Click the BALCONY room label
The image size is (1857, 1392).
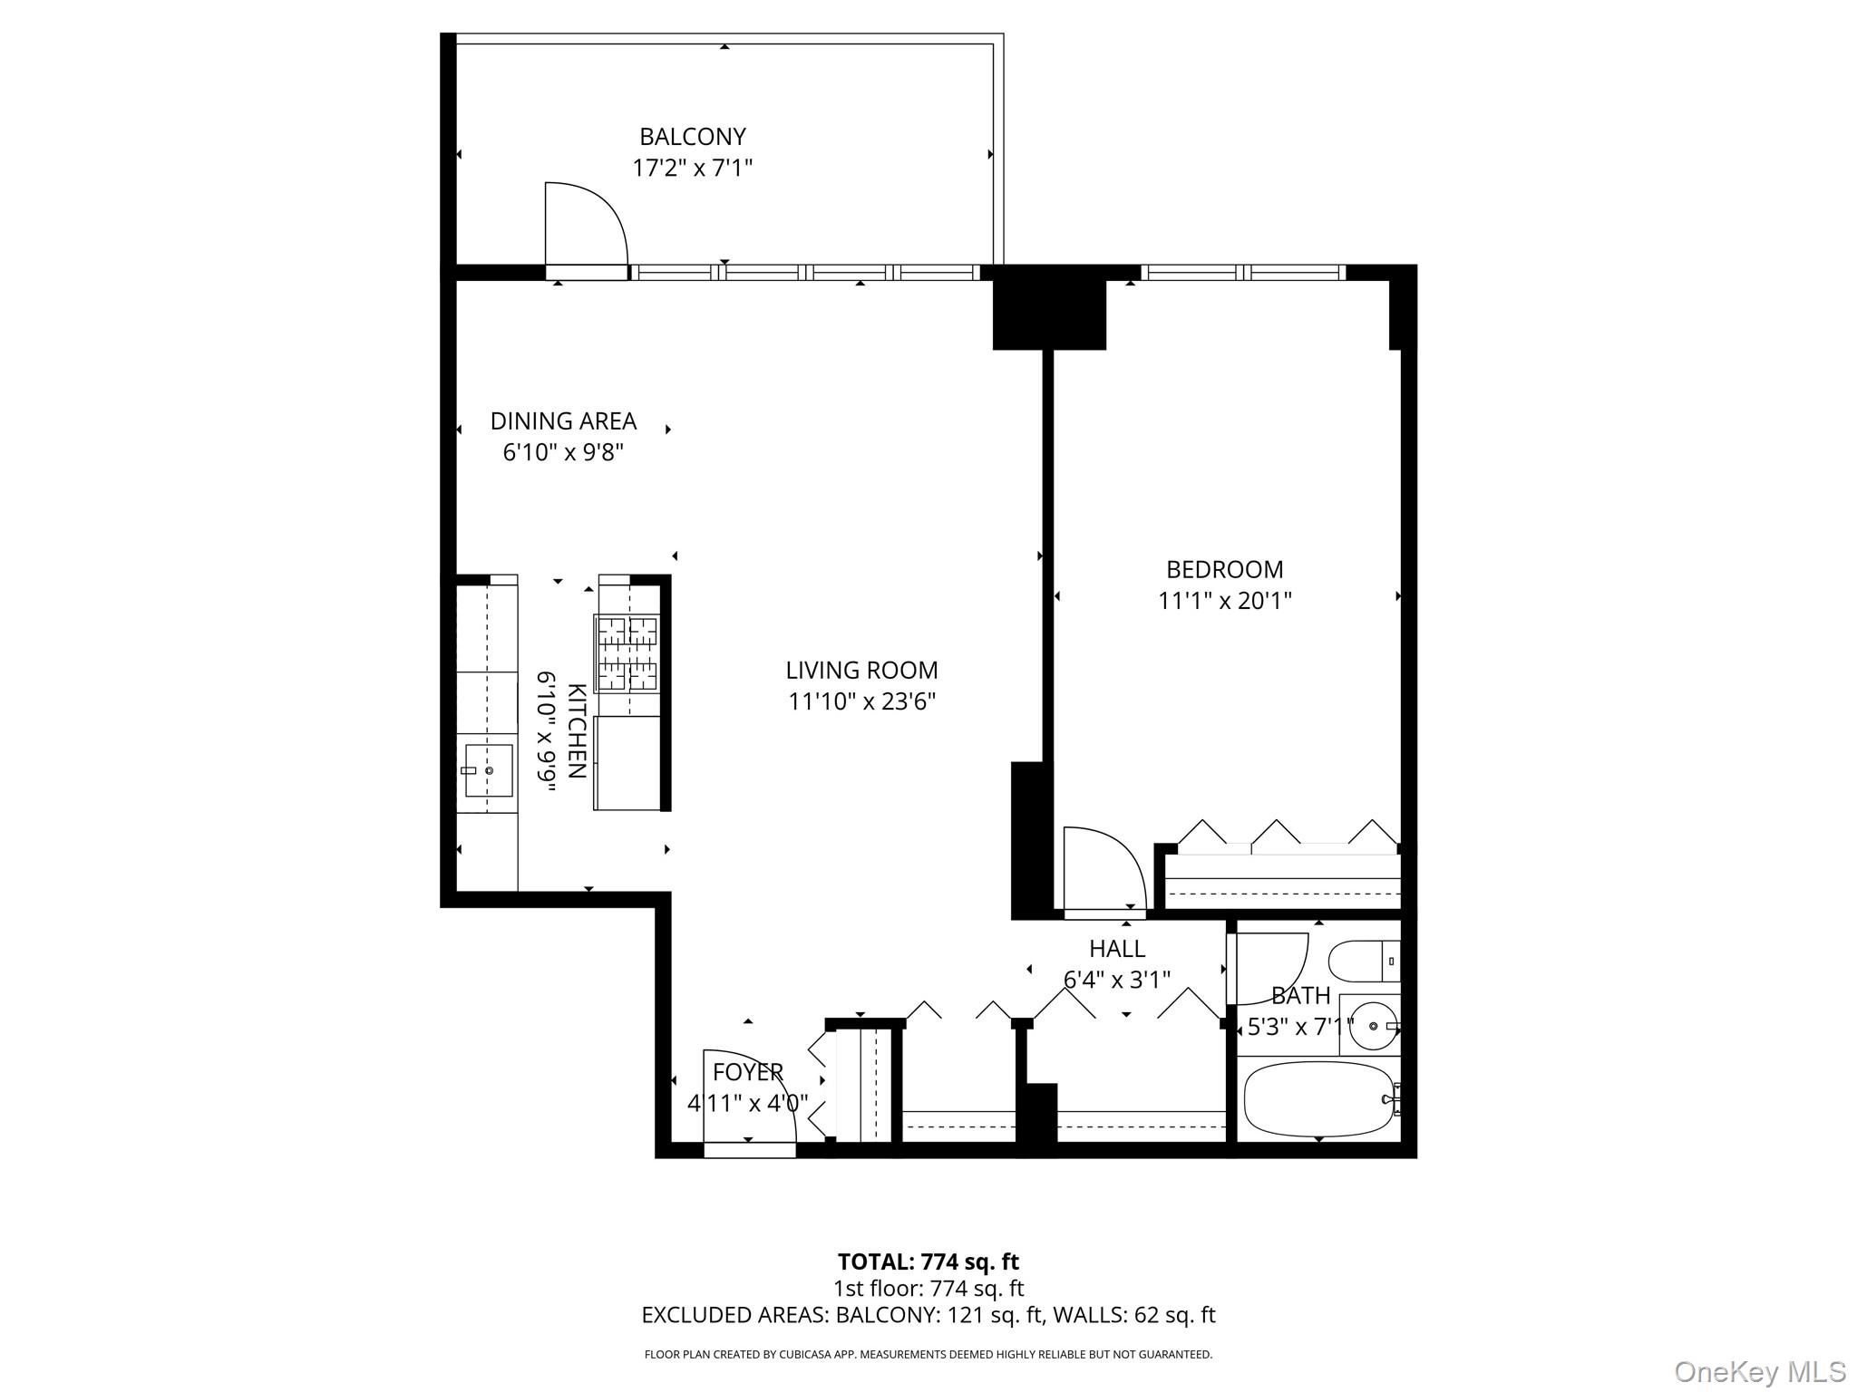[x=692, y=137]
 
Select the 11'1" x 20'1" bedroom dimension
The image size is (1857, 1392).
[x=1224, y=601]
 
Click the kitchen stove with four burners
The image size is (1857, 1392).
[x=627, y=652]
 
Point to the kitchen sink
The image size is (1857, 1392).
[x=489, y=770]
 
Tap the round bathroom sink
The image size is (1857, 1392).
[x=1372, y=1025]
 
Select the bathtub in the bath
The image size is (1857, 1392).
[x=1318, y=1099]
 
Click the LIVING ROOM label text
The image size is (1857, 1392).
[x=861, y=671]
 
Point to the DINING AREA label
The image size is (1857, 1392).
[x=563, y=421]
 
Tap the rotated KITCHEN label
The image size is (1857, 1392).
[x=576, y=730]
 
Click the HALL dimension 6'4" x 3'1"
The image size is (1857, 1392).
[x=1116, y=980]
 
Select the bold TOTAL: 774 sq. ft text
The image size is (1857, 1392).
[x=928, y=1261]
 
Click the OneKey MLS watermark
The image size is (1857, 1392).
[x=1759, y=1372]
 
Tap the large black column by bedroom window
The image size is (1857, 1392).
[x=1049, y=314]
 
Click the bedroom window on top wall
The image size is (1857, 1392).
[x=1241, y=272]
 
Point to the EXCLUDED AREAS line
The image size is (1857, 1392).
[x=928, y=1315]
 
